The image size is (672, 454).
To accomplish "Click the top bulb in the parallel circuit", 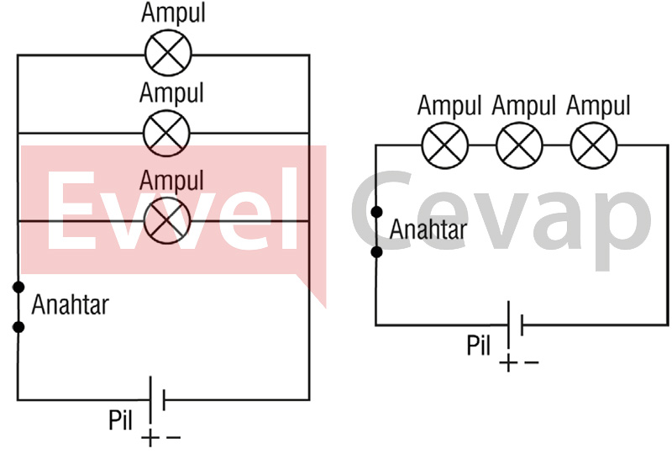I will tap(168, 55).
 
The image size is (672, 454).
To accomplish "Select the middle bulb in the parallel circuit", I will tap(167, 133).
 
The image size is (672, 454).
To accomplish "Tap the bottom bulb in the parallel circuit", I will tap(167, 221).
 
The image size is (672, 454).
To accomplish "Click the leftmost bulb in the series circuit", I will tap(444, 145).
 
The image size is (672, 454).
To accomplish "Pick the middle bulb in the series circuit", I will tap(519, 145).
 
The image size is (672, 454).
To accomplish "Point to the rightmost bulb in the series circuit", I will tap(594, 145).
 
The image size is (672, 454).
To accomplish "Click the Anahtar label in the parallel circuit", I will tap(70, 304).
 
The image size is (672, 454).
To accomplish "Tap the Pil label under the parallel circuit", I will tap(121, 420).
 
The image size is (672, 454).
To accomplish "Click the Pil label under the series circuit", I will tap(480, 346).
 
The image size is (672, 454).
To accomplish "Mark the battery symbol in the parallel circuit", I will tap(157, 399).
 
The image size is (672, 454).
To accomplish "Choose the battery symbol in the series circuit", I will tap(515, 325).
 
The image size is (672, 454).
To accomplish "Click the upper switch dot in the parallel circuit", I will tap(18, 287).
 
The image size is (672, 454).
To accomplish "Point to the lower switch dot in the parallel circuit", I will tap(18, 326).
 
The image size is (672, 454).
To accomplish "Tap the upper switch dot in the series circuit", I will tap(376, 212).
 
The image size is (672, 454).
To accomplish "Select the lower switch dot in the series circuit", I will tap(376, 251).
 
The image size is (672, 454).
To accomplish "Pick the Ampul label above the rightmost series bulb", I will tap(598, 106).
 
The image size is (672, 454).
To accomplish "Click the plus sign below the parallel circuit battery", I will tap(149, 438).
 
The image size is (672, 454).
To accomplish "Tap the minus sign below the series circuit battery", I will tap(531, 363).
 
